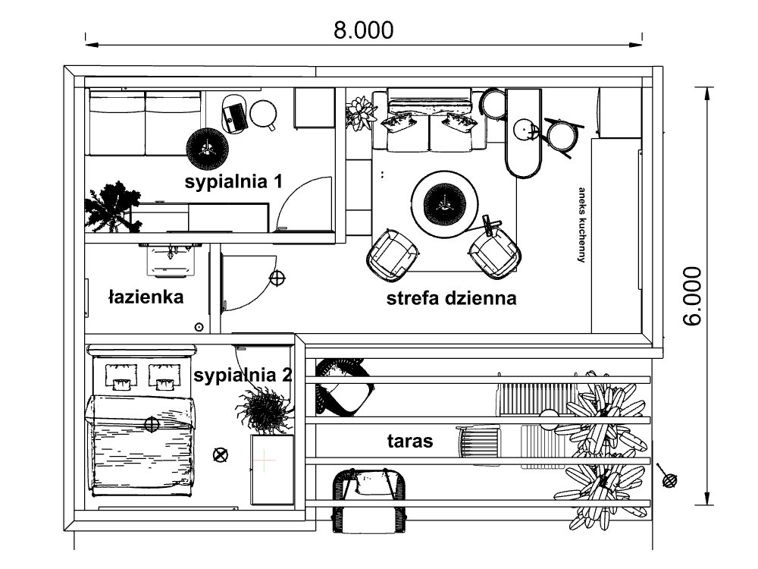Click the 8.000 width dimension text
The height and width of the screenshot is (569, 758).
click(x=364, y=30)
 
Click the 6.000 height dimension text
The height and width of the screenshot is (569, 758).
click(x=692, y=296)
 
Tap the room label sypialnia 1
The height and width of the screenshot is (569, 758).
click(x=234, y=182)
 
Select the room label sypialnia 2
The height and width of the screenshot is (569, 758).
click(x=243, y=375)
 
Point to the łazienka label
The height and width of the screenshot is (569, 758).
click(x=146, y=297)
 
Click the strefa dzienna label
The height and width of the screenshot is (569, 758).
click(x=452, y=298)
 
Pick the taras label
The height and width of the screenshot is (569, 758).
click(x=410, y=441)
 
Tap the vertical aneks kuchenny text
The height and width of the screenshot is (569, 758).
click(x=582, y=225)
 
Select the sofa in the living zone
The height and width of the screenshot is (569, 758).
click(x=429, y=121)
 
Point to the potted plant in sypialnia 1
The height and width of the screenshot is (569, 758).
click(x=111, y=206)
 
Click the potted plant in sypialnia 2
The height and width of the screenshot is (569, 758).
click(x=265, y=410)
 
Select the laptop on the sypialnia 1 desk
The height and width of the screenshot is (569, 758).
click(x=234, y=115)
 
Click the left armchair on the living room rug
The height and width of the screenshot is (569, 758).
click(x=393, y=253)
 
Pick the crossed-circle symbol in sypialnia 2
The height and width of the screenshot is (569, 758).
click(x=221, y=454)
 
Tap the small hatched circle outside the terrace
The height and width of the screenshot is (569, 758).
click(x=669, y=479)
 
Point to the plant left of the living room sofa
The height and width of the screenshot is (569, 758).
click(x=361, y=114)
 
